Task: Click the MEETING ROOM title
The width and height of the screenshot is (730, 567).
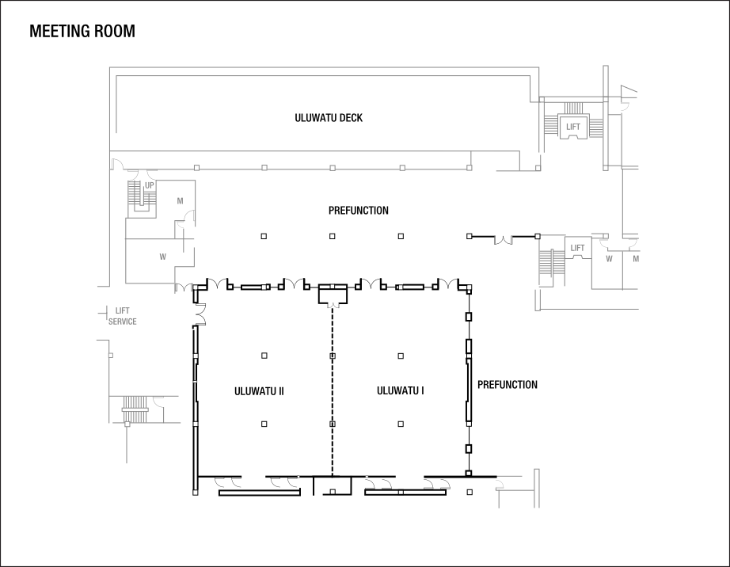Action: click(x=82, y=32)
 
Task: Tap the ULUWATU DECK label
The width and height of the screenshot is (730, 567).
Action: click(x=329, y=118)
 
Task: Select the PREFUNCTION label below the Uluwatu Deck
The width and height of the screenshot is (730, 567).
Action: click(x=358, y=211)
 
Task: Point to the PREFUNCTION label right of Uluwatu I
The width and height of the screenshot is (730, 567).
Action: click(x=507, y=385)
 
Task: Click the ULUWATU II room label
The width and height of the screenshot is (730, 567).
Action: click(x=259, y=390)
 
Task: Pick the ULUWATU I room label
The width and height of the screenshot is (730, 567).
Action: click(x=401, y=390)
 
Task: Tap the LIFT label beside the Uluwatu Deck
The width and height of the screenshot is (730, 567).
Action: click(x=572, y=127)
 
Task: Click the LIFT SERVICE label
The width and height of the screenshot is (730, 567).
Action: click(x=123, y=316)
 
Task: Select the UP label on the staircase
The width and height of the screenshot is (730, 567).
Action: click(x=149, y=185)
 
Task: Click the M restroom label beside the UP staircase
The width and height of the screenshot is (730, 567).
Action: click(x=180, y=201)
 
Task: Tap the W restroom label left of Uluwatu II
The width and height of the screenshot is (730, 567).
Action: click(x=162, y=257)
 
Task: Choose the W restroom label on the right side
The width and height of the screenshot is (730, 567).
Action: click(x=609, y=258)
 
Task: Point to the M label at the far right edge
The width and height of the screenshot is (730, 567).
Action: click(x=635, y=258)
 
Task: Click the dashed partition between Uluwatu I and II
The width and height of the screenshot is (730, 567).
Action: click(x=332, y=396)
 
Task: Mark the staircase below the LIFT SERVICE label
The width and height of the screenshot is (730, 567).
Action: click(x=135, y=410)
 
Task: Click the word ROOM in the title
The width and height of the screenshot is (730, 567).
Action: click(x=116, y=32)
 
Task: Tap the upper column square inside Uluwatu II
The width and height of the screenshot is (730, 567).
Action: click(x=264, y=356)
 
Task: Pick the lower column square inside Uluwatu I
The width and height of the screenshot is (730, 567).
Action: click(x=401, y=424)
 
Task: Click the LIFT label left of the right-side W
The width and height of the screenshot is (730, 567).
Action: click(x=577, y=248)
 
